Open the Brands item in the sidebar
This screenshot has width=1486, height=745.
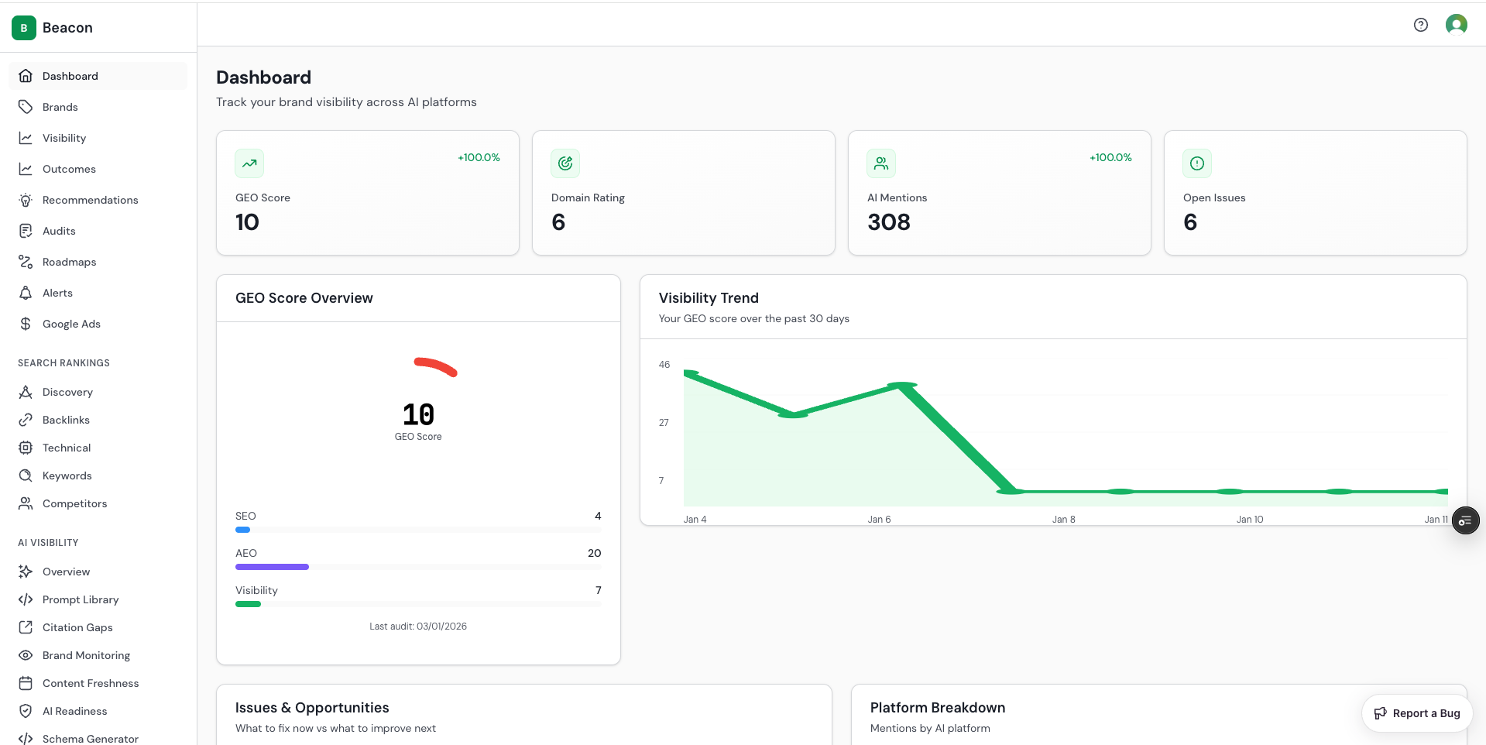[60, 107]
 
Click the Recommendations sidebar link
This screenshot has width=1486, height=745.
[90, 200]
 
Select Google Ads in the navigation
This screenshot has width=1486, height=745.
[71, 324]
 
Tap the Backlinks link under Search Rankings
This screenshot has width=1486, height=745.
[66, 420]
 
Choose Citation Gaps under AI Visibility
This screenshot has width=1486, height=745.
[77, 627]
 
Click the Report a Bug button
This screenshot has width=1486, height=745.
[1416, 713]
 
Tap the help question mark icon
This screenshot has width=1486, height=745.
[1420, 25]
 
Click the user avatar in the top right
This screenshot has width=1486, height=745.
[1456, 25]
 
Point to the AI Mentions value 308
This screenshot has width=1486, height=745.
[888, 222]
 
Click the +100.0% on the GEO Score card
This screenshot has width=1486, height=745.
[479, 157]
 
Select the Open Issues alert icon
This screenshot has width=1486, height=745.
[1196, 163]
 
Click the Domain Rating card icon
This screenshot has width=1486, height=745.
[565, 163]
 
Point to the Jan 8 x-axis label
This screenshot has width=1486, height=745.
[1063, 520]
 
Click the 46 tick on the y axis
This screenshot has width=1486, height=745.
[664, 365]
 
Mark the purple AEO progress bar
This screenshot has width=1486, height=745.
[272, 567]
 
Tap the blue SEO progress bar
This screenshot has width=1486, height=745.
[242, 530]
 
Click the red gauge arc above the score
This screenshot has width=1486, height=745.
[435, 366]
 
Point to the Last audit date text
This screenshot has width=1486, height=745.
[418, 627]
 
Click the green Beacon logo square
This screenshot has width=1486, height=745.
[24, 28]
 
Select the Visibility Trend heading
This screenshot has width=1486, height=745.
[708, 298]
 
